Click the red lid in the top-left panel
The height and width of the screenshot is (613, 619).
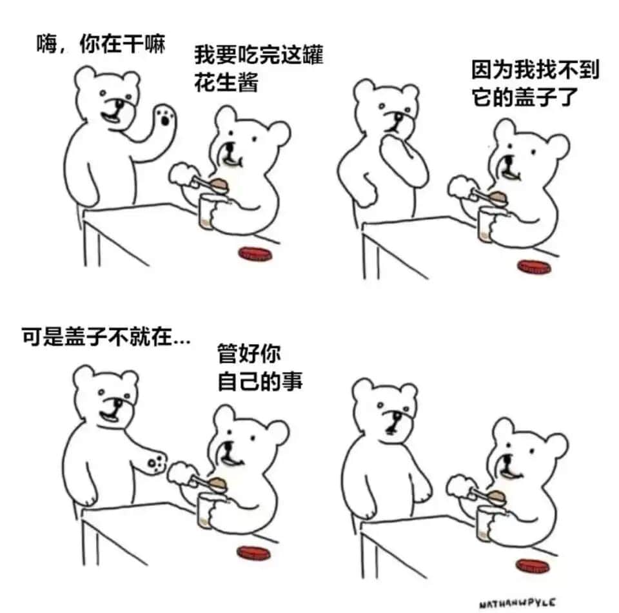pos(255,253)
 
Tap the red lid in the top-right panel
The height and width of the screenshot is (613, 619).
pos(534,266)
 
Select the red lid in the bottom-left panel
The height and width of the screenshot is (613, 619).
pos(254,552)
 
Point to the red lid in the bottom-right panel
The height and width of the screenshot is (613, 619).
pos(532,566)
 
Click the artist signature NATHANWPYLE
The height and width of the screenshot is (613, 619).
pos(518,603)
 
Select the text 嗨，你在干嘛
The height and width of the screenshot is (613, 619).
pos(101,43)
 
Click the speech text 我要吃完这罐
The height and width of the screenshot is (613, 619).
pos(259,55)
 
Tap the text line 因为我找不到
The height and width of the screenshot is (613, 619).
pos(536,70)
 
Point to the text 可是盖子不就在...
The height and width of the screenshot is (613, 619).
pos(106,336)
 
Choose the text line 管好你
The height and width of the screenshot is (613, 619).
pos(249,354)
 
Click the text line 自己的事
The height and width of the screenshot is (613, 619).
pos(260,382)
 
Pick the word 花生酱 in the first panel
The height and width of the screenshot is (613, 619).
pos(226,83)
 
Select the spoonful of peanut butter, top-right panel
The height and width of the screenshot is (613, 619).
pos(498,197)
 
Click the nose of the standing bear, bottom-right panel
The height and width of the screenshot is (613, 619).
pos(395,417)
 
